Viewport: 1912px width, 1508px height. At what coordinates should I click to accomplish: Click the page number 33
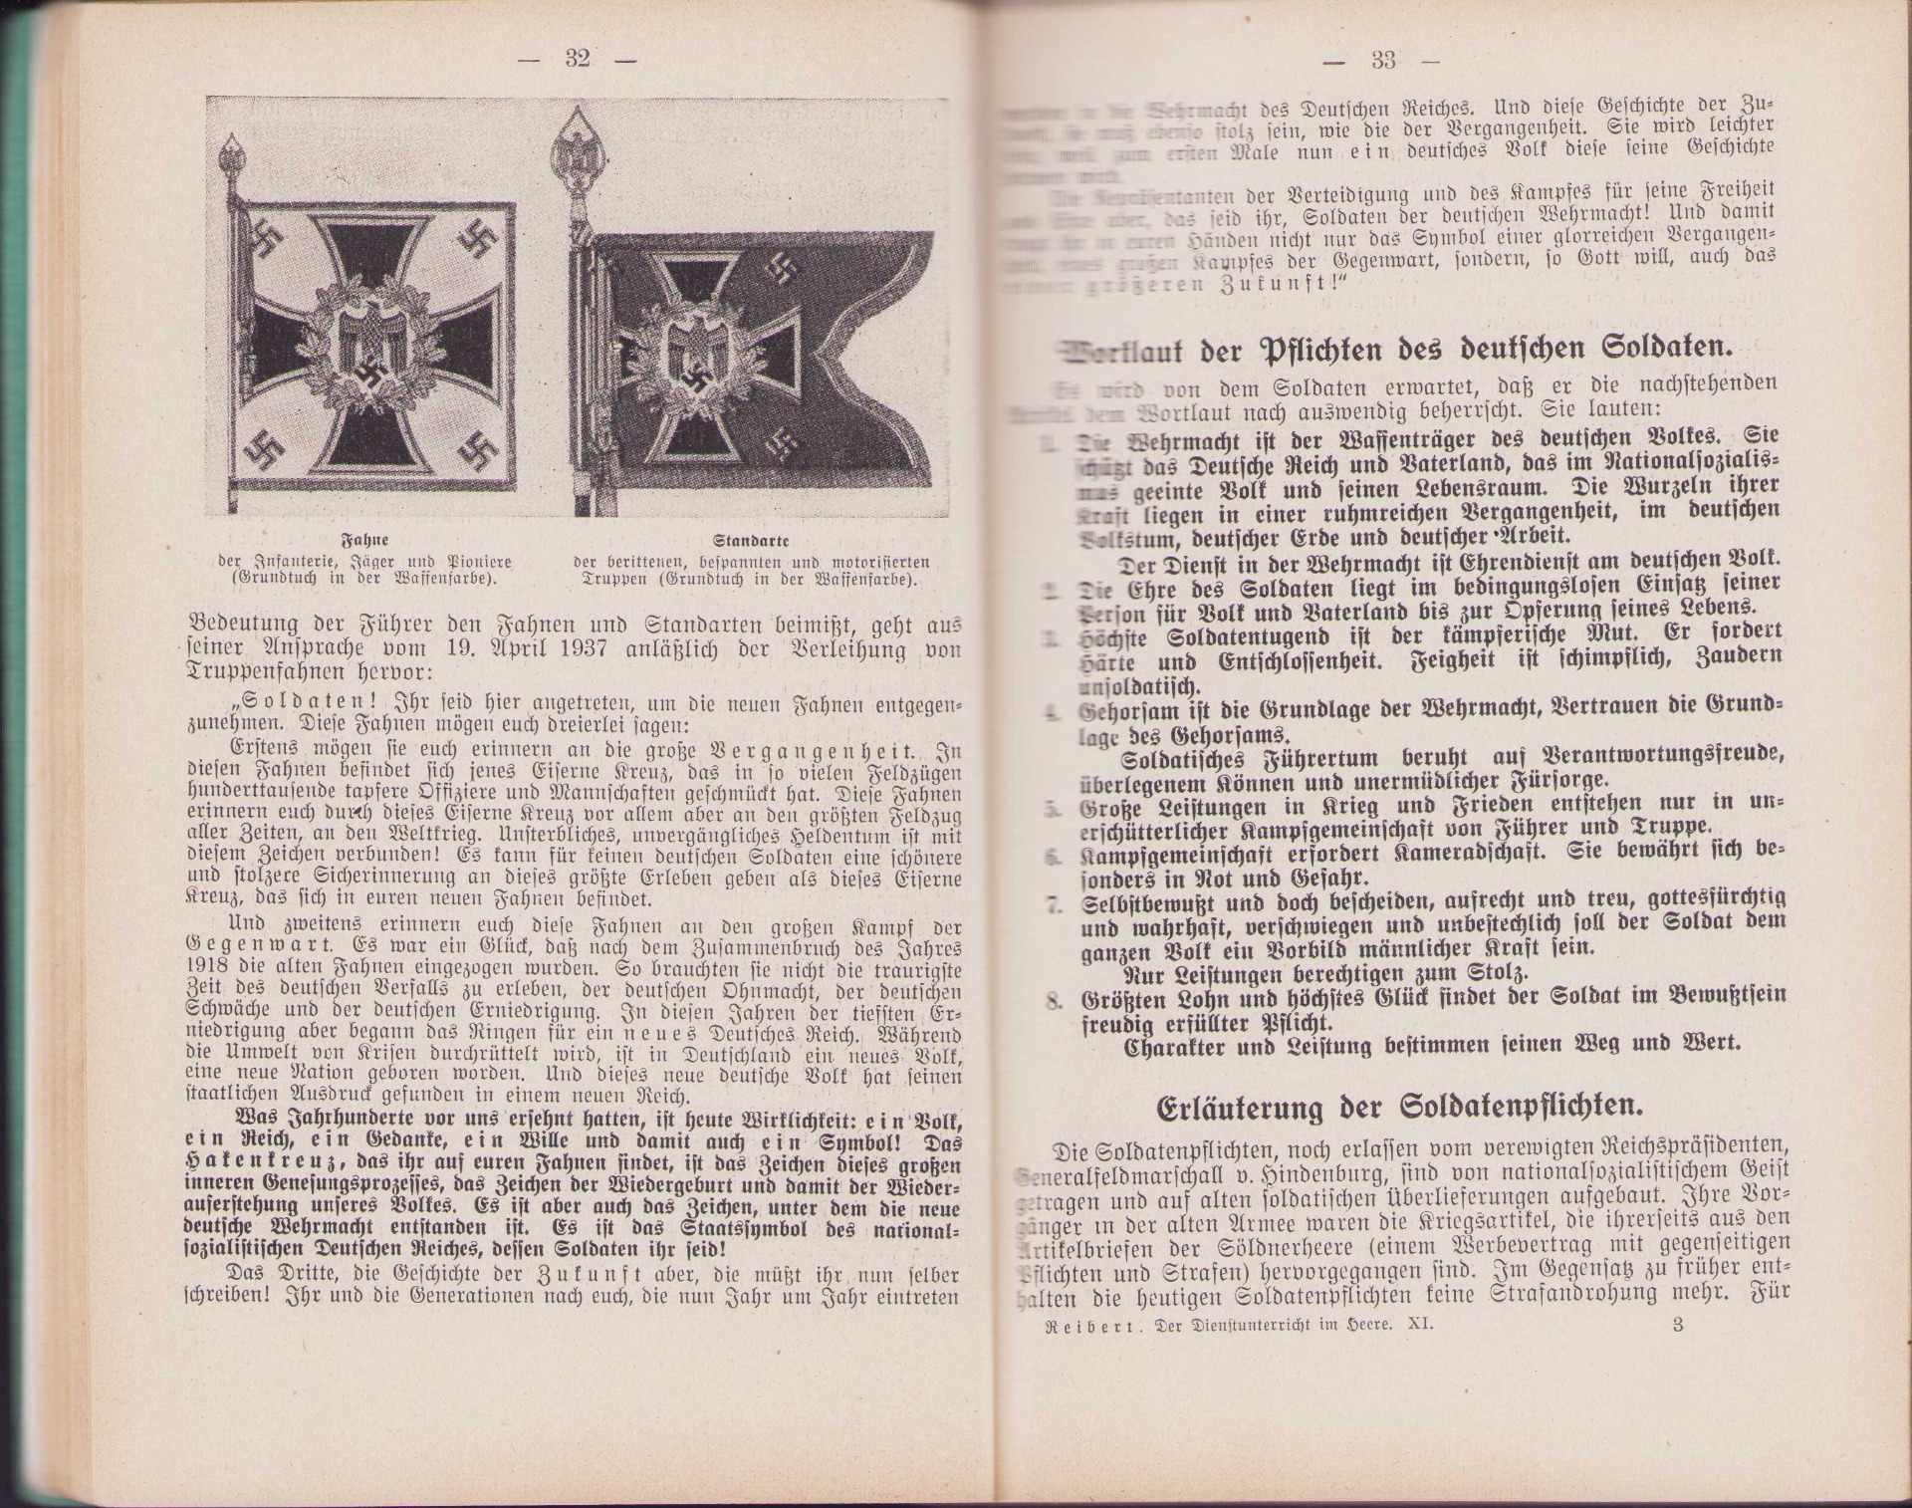1383,61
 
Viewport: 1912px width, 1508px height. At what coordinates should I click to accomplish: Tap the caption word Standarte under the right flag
752,541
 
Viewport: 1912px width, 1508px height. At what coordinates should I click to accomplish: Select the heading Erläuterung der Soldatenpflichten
1398,1108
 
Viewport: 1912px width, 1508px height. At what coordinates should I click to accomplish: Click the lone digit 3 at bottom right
1678,1325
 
